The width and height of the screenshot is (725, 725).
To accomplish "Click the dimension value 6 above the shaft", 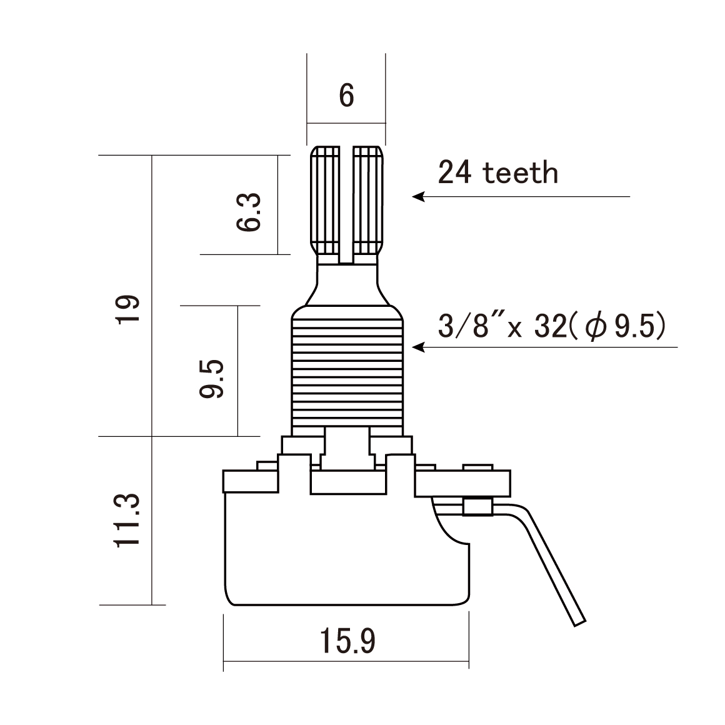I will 346,96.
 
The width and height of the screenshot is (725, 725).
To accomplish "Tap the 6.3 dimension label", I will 249,212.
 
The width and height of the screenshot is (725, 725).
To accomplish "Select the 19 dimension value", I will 127,309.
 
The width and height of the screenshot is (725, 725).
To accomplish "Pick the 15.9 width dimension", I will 347,641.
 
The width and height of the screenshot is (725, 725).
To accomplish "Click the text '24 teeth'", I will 497,172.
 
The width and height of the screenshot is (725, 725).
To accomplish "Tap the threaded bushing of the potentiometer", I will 347,372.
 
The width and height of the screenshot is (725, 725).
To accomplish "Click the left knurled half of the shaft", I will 326,200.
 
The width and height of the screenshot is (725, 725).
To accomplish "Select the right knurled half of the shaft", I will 368,200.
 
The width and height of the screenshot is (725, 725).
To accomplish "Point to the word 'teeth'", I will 520,172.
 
